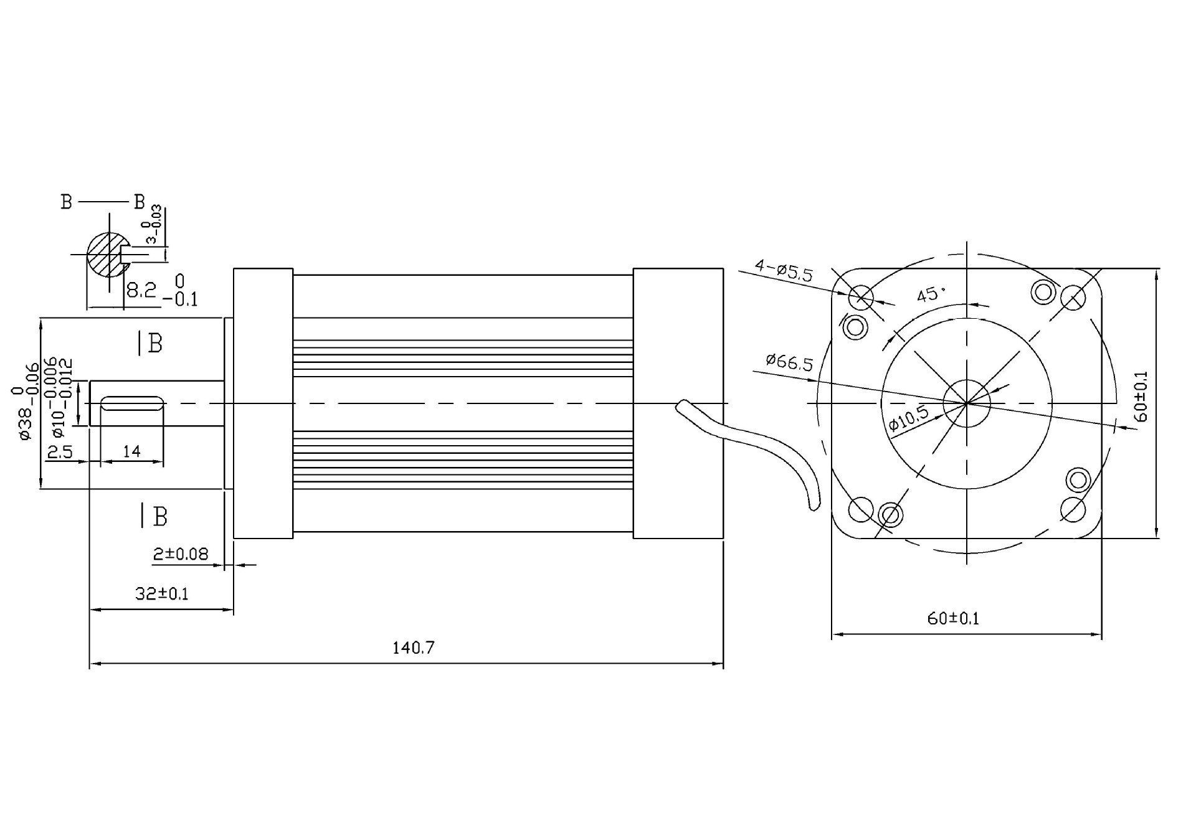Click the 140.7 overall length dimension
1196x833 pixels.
413,648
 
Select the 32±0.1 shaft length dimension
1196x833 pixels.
162,593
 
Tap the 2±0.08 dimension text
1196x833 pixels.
181,553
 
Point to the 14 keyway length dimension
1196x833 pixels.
131,451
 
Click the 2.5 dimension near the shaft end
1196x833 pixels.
60,451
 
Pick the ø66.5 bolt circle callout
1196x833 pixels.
789,362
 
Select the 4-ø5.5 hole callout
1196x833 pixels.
784,271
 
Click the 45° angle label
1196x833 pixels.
931,293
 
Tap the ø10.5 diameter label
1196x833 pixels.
908,418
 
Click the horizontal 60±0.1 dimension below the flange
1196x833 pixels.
953,618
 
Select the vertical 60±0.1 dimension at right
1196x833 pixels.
1141,397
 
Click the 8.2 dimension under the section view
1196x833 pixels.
141,289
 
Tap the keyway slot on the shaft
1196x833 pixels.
133,403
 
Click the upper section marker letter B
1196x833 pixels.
155,343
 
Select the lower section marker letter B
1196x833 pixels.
160,516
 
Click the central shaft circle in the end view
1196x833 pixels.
967,403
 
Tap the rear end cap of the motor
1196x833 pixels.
678,403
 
